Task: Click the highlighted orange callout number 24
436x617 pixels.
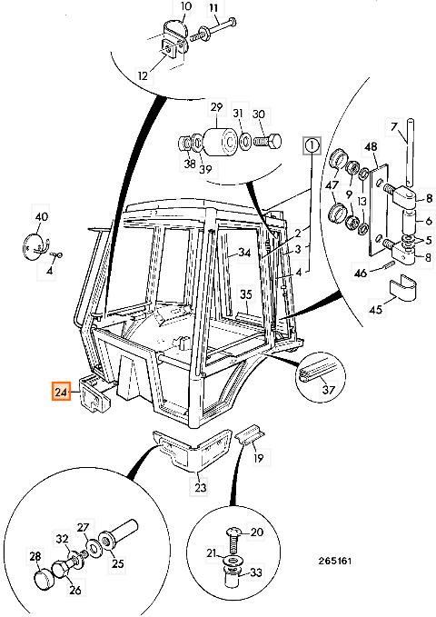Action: point(62,392)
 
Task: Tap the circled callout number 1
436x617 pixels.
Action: point(312,145)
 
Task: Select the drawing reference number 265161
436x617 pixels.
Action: point(335,561)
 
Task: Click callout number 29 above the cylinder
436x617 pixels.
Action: point(216,107)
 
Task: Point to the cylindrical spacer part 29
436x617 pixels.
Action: point(220,140)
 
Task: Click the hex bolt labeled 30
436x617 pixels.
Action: point(268,141)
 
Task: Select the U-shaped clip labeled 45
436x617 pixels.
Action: point(402,287)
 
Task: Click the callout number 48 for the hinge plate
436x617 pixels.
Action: point(371,146)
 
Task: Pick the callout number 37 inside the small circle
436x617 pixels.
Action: point(328,389)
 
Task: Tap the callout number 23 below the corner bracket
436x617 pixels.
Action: point(201,488)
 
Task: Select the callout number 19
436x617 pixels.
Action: point(259,458)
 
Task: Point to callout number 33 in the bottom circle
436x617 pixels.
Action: point(256,572)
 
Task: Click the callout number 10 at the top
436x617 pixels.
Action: point(185,6)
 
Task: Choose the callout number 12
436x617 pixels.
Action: point(143,75)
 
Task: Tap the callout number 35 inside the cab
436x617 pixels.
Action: point(246,294)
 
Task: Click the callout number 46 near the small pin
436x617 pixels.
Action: point(361,273)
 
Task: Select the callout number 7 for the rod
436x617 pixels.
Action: point(394,126)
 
